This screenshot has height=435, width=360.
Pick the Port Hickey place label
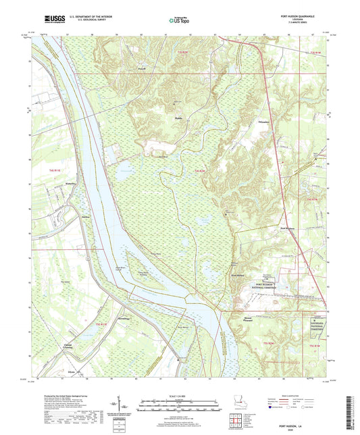click(x=236, y=276)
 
